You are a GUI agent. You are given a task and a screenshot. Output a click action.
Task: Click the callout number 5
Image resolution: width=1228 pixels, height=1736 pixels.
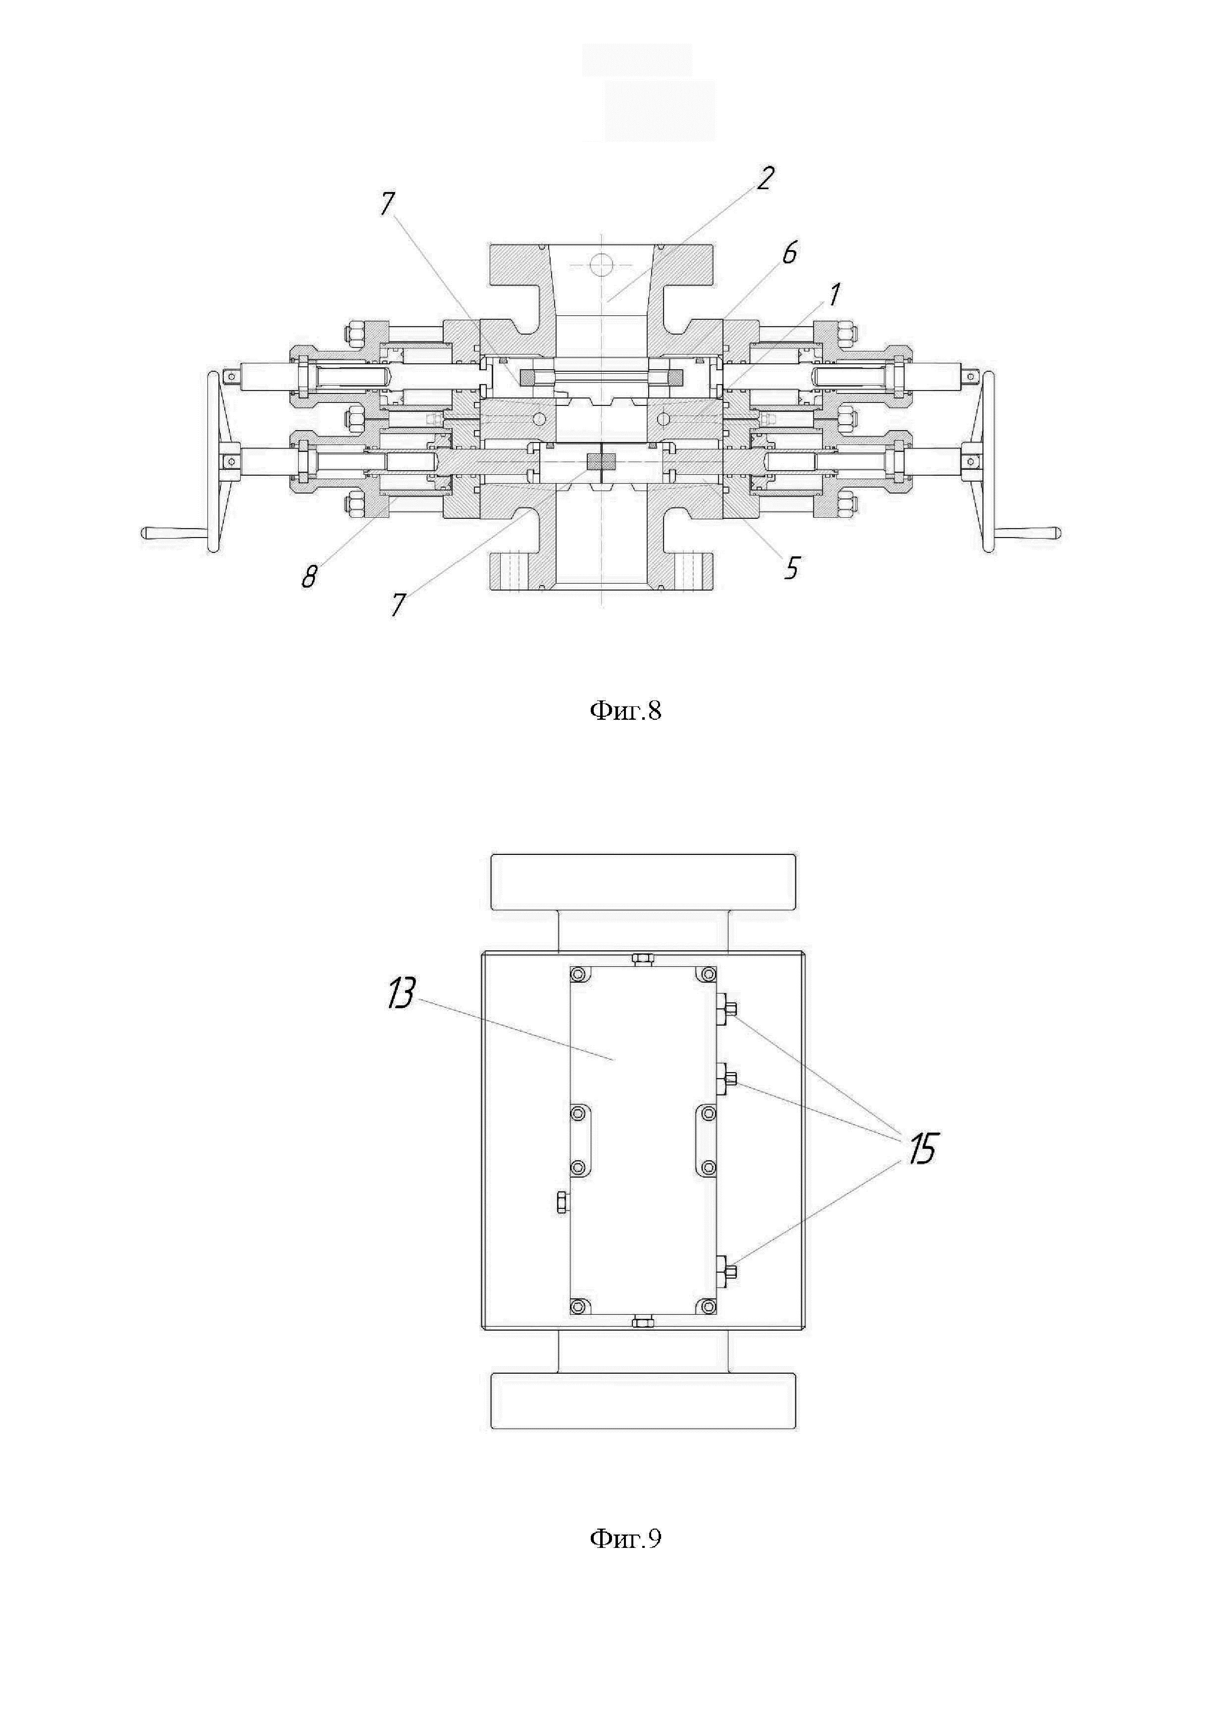click(x=791, y=568)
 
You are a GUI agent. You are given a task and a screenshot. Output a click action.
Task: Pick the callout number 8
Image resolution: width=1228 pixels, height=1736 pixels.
click(x=308, y=577)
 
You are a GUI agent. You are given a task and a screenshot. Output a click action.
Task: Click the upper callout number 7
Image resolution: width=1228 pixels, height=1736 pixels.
click(x=387, y=203)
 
